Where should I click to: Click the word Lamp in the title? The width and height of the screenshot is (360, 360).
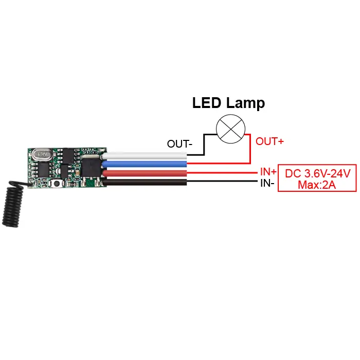pos(245,103)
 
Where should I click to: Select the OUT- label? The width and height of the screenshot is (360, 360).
pos(179,145)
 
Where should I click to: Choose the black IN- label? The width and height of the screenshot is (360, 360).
pos(266,182)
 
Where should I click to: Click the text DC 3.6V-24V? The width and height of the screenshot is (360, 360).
pos(317,174)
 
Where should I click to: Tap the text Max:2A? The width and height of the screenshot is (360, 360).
pos(317,185)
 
